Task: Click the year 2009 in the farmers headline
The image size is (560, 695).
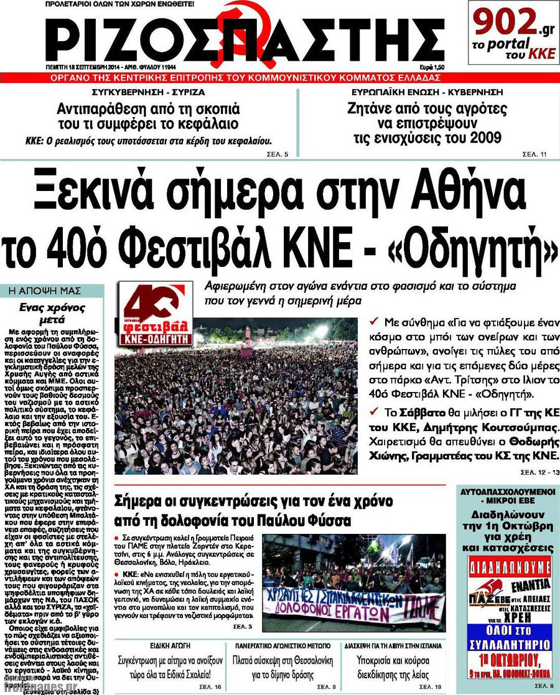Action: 479,138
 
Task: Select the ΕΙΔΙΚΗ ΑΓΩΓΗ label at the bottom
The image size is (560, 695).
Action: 170,645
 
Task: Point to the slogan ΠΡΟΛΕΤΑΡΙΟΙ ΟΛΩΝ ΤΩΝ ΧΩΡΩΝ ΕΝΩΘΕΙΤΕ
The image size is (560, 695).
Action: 119,4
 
